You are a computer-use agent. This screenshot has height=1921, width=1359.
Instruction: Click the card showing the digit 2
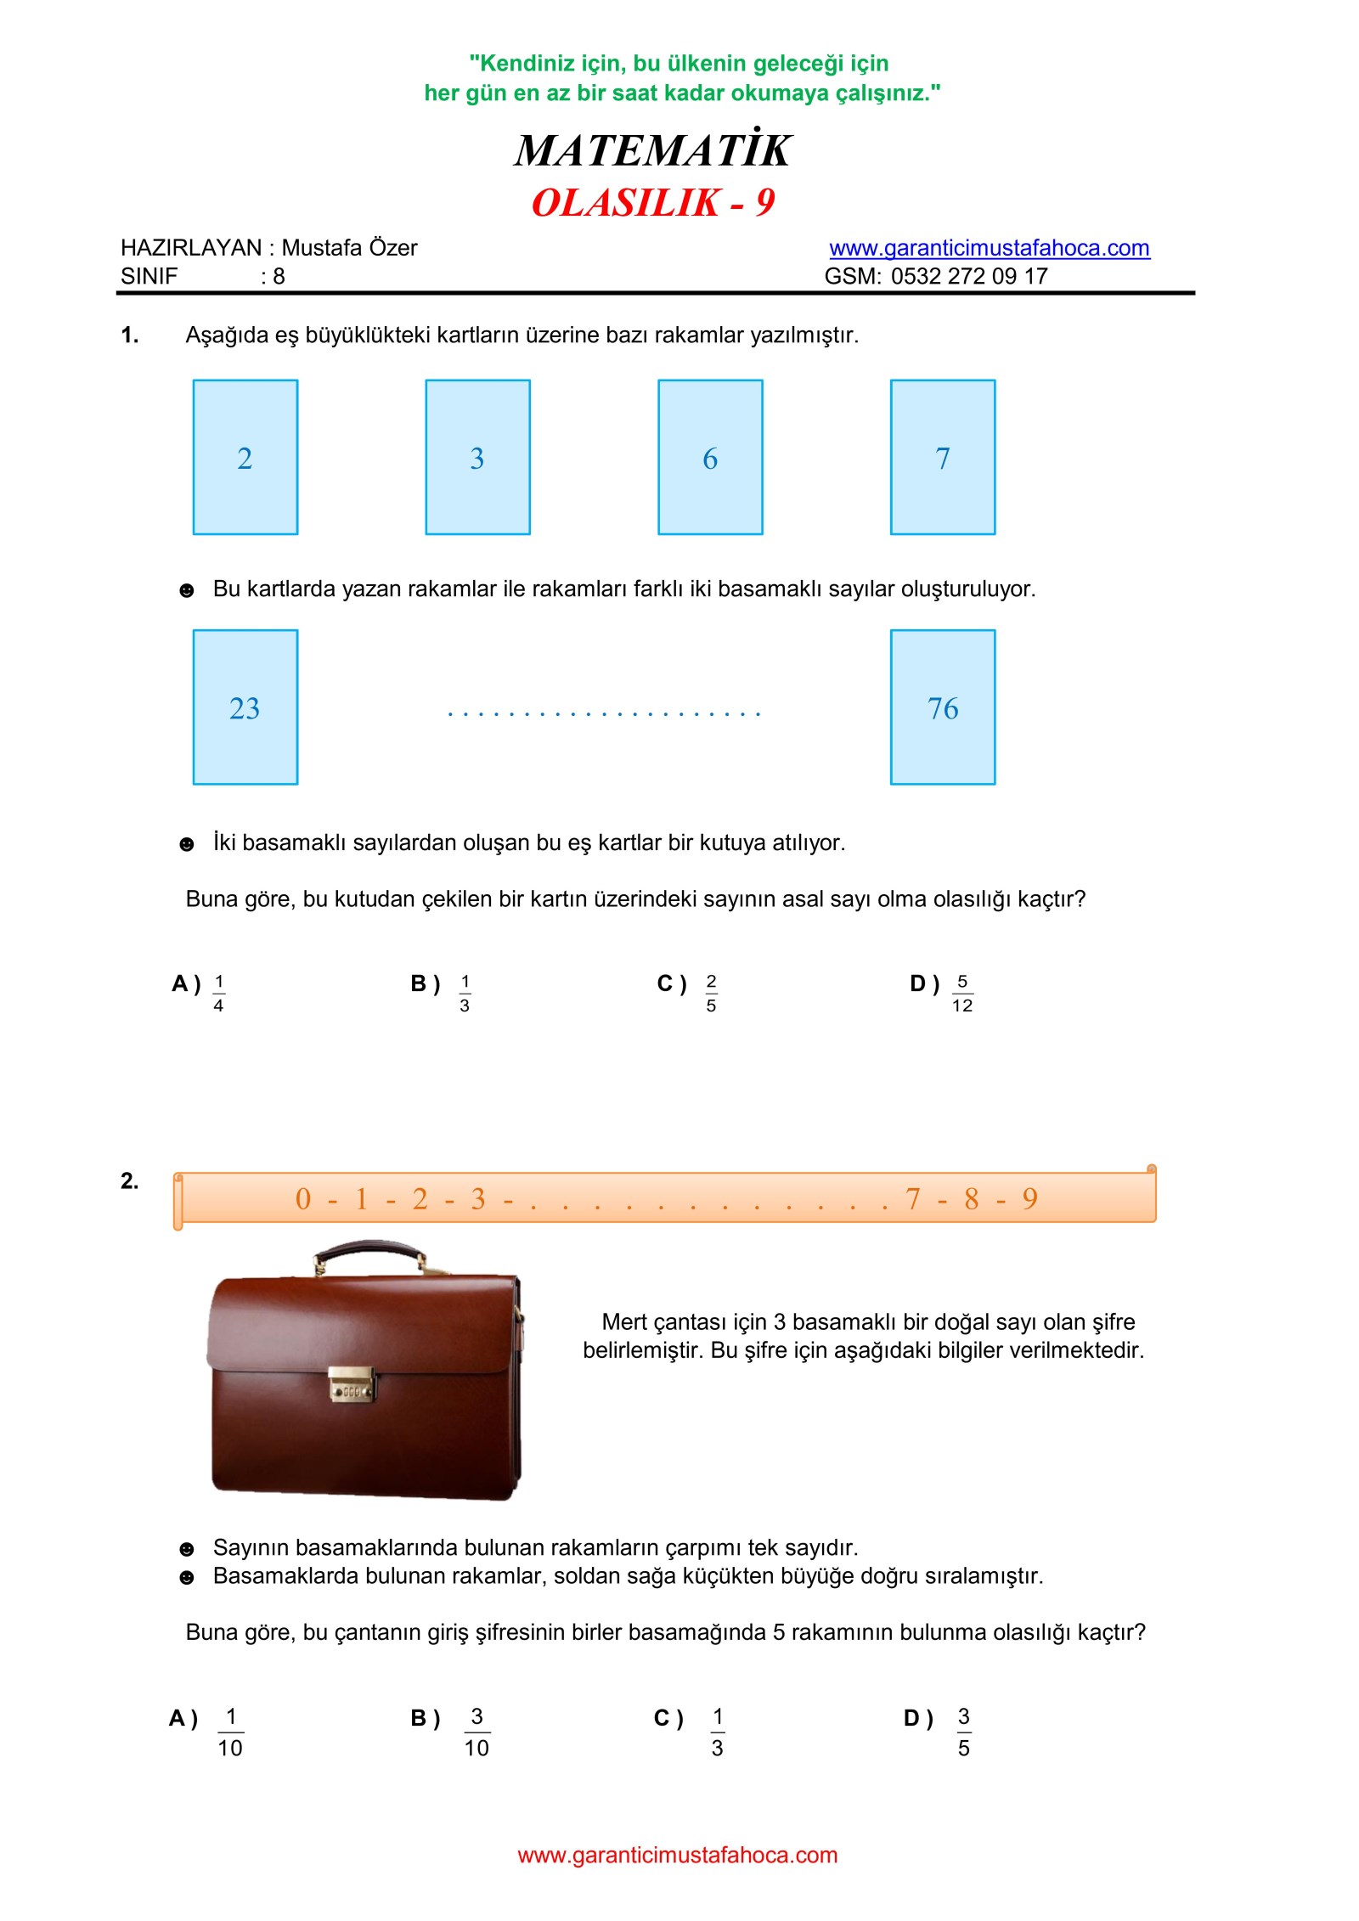click(245, 457)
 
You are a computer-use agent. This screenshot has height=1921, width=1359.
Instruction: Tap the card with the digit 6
click(710, 457)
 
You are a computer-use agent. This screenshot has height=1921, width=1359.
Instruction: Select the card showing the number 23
click(245, 707)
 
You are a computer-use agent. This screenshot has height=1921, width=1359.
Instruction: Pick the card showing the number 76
click(943, 707)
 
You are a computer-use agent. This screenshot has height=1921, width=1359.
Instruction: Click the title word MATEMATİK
click(652, 150)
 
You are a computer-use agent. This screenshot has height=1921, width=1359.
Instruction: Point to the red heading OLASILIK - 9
click(652, 203)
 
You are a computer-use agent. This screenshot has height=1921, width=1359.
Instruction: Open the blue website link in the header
click(989, 248)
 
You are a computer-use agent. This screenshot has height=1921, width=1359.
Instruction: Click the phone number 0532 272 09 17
click(968, 276)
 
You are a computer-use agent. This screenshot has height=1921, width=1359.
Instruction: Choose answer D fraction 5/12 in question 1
click(961, 993)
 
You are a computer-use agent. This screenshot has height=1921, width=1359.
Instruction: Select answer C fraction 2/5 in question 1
click(711, 993)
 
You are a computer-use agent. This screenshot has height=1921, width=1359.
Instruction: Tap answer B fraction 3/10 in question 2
click(476, 1732)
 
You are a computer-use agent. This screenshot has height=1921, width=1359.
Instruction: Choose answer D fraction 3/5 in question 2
click(963, 1732)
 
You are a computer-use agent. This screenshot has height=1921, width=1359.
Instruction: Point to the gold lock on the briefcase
click(352, 1384)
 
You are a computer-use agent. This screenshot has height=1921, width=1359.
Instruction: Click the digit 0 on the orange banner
click(303, 1199)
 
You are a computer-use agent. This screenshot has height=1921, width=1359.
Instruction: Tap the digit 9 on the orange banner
click(1029, 1199)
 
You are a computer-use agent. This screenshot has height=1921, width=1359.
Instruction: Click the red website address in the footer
click(677, 1855)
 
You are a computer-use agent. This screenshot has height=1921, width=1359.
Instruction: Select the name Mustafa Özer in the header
click(349, 248)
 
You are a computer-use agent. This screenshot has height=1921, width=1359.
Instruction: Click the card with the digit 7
click(943, 457)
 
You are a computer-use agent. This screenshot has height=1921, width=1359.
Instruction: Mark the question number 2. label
click(129, 1180)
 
